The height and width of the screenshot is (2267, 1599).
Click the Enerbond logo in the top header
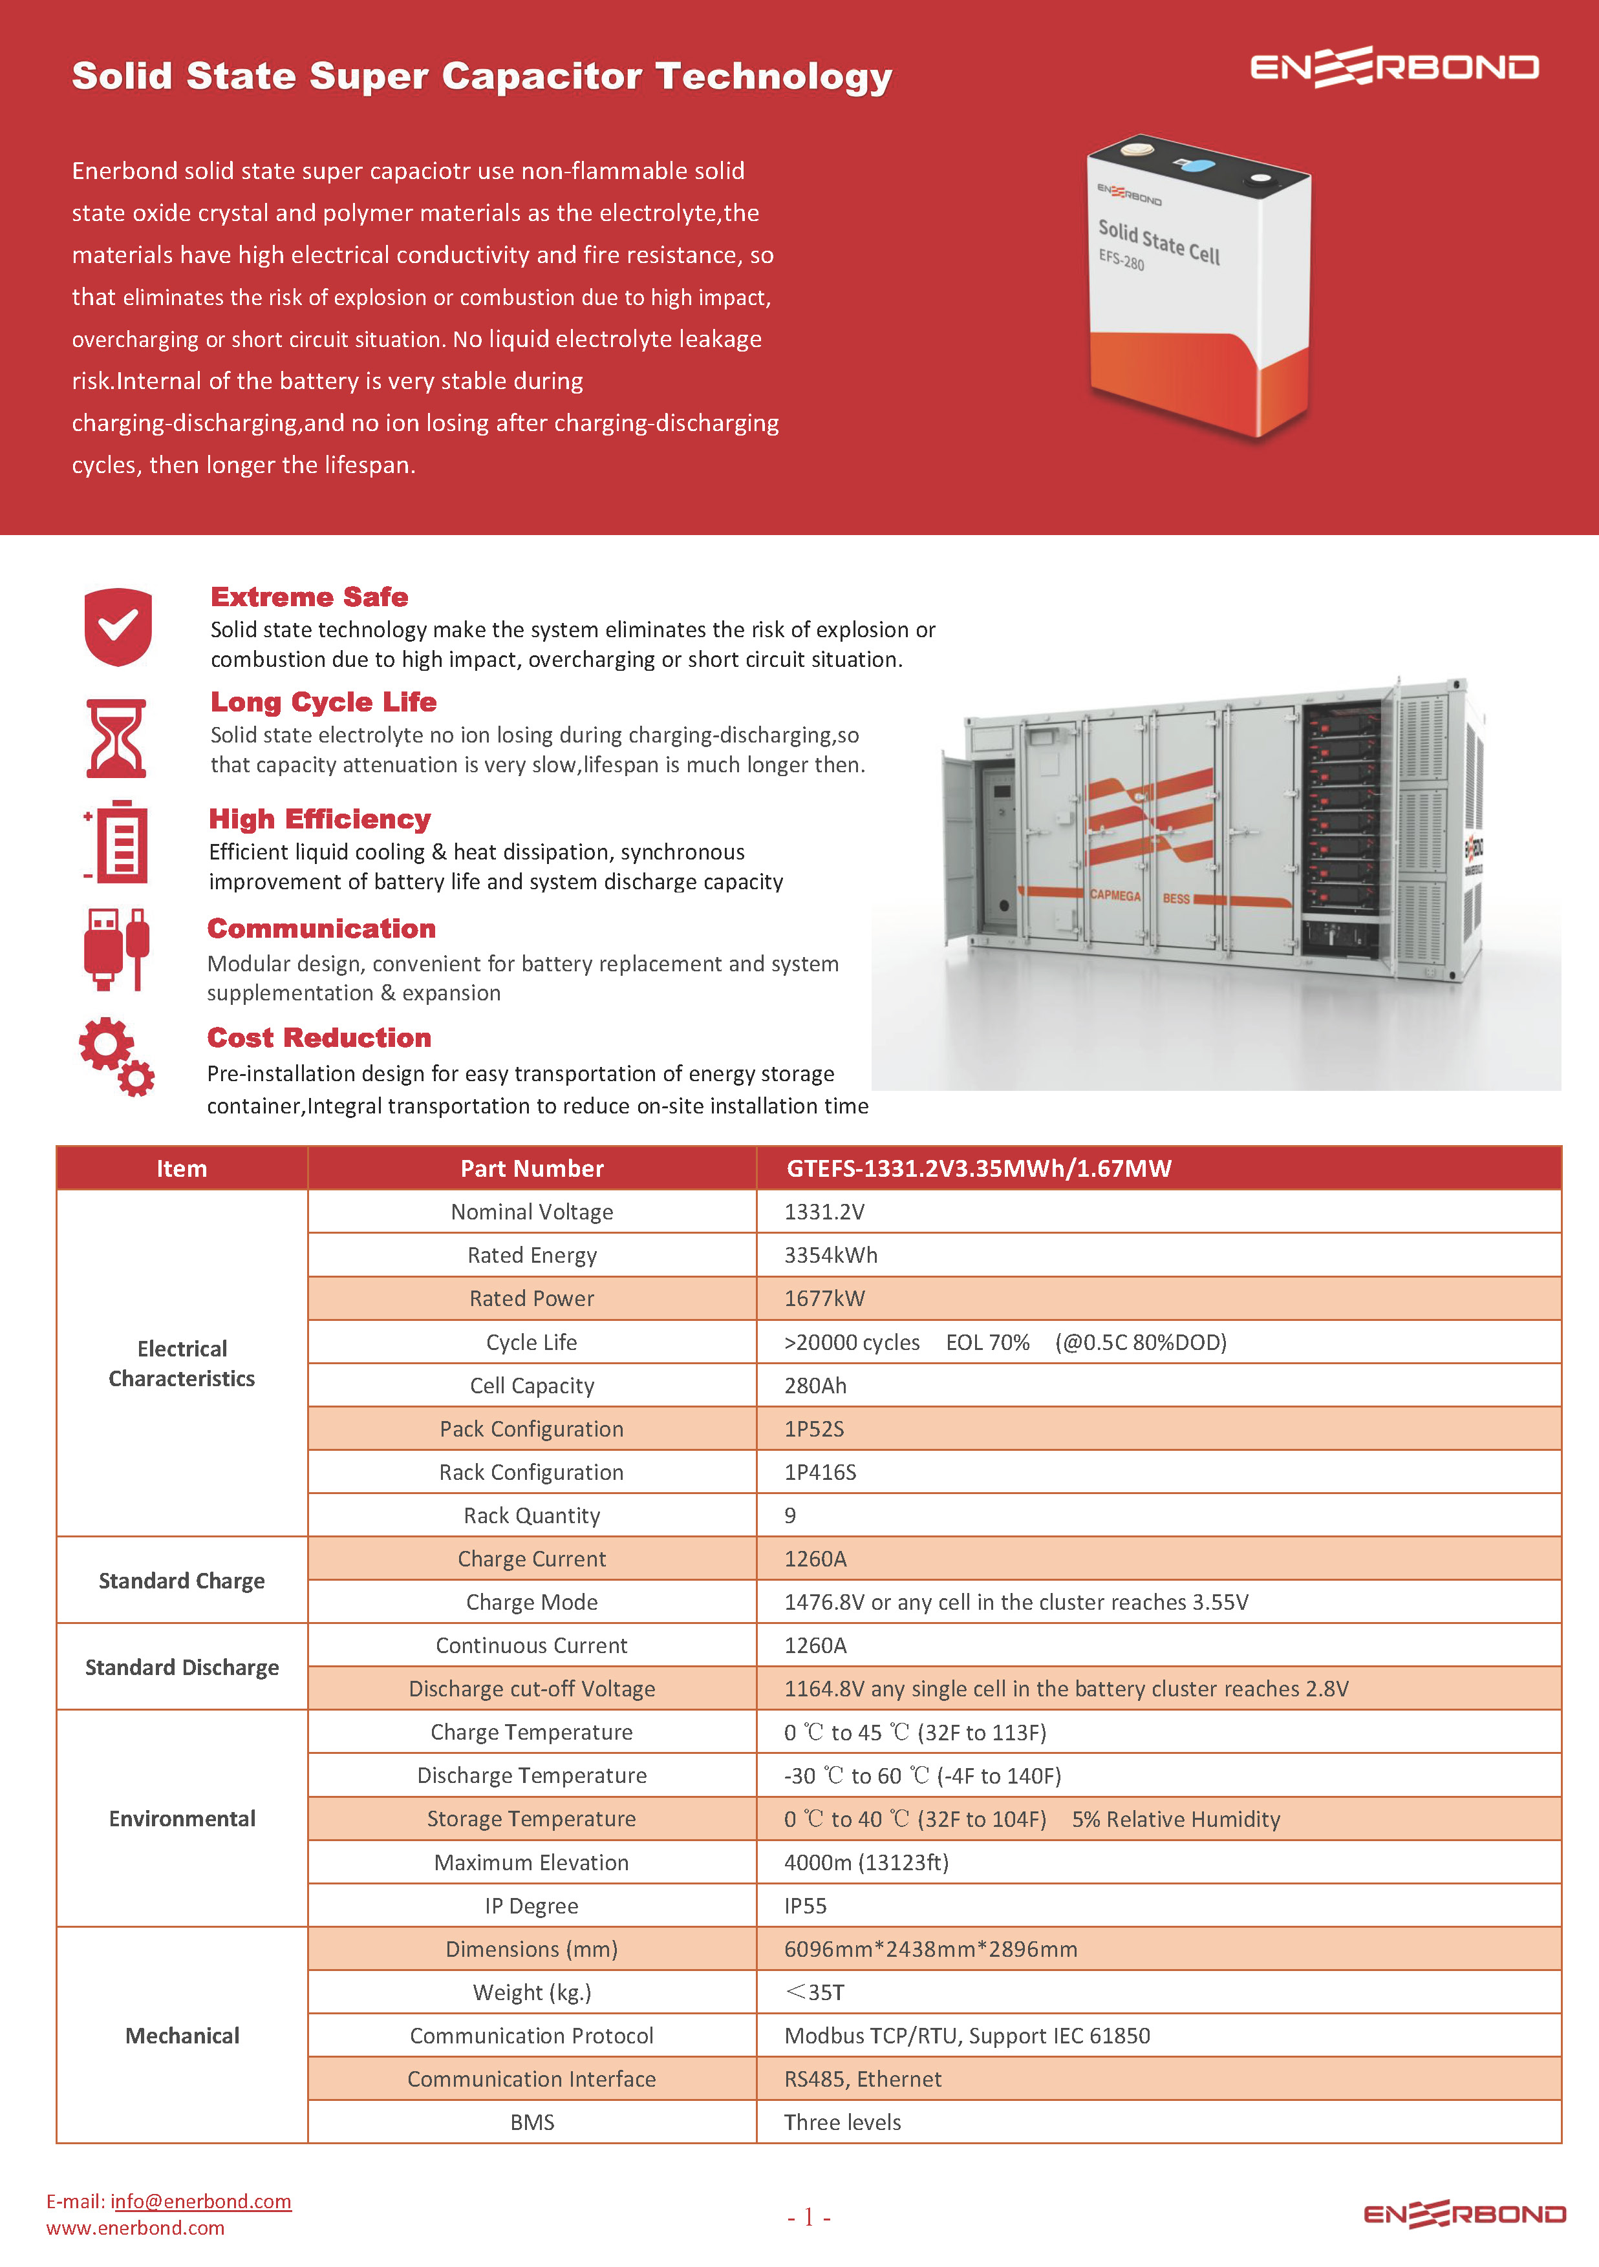click(x=1393, y=67)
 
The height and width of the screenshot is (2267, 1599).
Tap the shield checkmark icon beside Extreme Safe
click(x=118, y=626)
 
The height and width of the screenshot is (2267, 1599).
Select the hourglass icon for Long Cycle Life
click(x=116, y=739)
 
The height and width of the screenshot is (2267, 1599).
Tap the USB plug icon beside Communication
click(x=116, y=949)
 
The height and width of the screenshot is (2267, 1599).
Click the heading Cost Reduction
click(x=319, y=1038)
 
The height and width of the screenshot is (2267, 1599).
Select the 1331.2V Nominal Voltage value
click(x=824, y=1212)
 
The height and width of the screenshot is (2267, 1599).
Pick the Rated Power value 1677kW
click(x=824, y=1298)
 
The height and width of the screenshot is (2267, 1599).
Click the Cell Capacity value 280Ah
click(x=815, y=1386)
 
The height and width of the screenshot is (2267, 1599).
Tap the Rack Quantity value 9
click(x=790, y=1515)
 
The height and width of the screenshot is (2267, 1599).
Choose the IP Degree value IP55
click(x=805, y=1906)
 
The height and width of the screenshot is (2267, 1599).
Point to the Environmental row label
click(x=182, y=1819)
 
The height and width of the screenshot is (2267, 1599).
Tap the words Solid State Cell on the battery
click(x=1159, y=242)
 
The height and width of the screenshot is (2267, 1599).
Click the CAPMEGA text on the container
click(x=1115, y=896)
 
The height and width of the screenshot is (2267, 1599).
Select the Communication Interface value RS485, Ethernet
click(x=862, y=2080)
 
